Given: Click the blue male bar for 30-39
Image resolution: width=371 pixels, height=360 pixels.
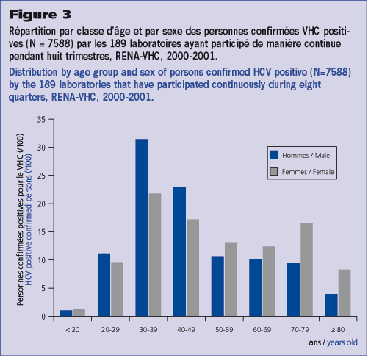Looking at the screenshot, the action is click(142, 228).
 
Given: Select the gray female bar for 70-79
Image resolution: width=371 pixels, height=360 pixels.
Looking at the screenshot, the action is click(306, 270).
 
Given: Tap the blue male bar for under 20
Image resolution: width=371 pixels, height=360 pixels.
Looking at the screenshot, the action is click(66, 313).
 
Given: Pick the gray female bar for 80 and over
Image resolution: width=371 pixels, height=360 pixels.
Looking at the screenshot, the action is click(345, 292).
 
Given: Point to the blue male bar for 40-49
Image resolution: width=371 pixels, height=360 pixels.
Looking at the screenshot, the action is click(180, 251).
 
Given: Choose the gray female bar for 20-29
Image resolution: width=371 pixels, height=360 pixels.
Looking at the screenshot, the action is click(117, 289).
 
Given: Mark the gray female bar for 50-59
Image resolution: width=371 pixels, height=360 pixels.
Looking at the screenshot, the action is click(231, 279).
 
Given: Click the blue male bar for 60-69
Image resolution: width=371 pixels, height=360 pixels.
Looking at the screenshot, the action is click(256, 287).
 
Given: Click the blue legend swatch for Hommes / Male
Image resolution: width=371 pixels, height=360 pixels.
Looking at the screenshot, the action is click(274, 155).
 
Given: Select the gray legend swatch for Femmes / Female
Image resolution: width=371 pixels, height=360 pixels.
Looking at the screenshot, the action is click(274, 171).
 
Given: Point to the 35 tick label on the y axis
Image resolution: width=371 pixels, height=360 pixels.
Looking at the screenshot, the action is click(42, 120).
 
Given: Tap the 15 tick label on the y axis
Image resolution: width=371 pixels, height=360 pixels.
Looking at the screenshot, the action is click(42, 232).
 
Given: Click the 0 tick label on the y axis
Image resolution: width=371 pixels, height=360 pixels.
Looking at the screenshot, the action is click(43, 317).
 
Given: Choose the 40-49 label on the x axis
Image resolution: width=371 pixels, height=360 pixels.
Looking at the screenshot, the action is click(186, 330).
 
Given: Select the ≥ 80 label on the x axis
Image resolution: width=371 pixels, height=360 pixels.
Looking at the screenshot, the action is click(338, 330).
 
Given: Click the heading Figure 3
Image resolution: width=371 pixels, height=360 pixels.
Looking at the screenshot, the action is click(40, 15).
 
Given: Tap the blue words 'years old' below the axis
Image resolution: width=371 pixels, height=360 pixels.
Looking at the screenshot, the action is click(342, 342).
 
